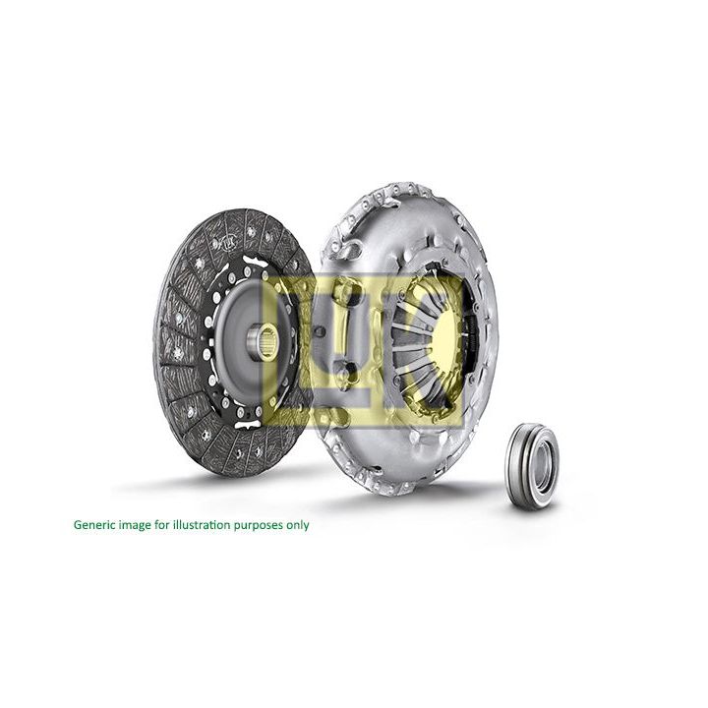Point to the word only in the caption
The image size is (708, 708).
pos(296,525)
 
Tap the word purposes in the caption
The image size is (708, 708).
pos(256,525)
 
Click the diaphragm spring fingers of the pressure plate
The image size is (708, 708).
pos(413,339)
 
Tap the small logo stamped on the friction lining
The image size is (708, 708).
pos(226,239)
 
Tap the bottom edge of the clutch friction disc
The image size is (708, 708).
pos(231,474)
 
